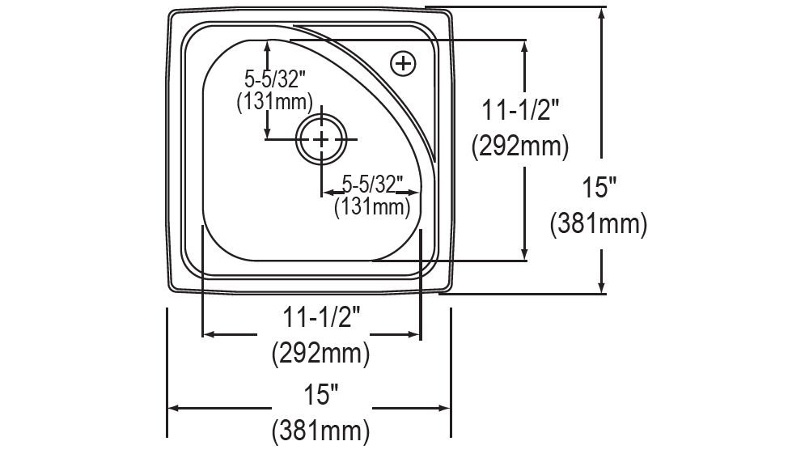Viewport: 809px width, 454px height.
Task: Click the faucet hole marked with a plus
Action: click(402, 62)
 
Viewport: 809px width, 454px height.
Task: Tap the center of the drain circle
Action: click(322, 140)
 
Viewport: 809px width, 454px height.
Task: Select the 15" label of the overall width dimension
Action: click(321, 395)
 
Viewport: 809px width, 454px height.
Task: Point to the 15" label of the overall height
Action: click(599, 189)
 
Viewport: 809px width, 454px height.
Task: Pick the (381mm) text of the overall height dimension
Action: click(599, 223)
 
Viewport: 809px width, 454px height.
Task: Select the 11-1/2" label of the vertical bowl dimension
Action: click(520, 111)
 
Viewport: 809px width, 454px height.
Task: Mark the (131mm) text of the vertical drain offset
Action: click(274, 101)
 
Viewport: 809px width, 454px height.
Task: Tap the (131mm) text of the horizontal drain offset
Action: click(371, 206)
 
